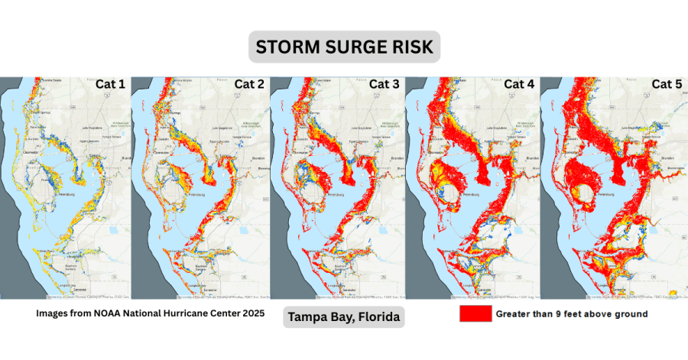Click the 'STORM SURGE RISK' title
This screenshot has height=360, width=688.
[x=343, y=47]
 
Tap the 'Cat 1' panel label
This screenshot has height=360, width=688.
[x=110, y=84]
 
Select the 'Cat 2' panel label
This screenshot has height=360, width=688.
[x=249, y=84]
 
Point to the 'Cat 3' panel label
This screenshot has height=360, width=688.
[x=385, y=84]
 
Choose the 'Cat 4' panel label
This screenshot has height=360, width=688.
[x=521, y=84]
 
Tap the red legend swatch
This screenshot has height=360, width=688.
[x=474, y=314]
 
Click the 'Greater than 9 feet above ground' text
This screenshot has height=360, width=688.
[x=572, y=314]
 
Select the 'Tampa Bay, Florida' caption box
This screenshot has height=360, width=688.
[x=343, y=316]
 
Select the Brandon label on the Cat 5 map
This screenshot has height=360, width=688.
[x=665, y=158]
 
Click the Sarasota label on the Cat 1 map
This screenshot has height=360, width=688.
[x=76, y=290]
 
